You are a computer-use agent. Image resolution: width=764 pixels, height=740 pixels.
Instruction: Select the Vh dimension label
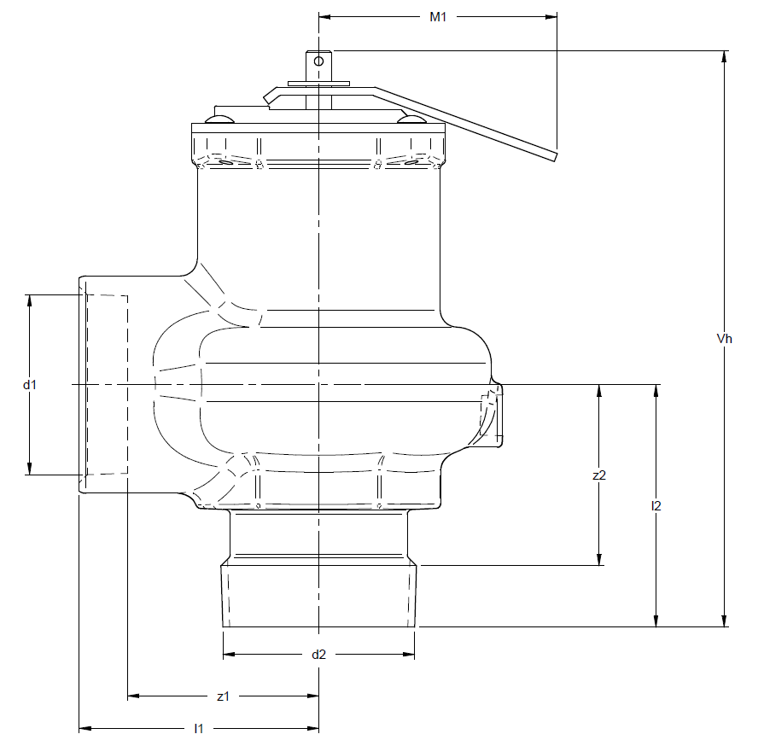coord(724,339)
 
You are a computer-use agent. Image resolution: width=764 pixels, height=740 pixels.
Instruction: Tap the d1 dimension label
coord(30,385)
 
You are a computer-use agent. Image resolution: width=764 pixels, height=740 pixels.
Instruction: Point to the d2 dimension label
coord(318,655)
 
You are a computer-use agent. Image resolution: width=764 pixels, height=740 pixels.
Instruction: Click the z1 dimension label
coord(223,696)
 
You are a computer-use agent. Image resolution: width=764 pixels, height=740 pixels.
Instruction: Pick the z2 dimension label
coord(599,475)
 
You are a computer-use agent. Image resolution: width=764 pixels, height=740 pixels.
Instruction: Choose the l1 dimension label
coord(198,728)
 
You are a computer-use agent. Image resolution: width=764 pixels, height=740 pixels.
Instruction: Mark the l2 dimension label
coord(656,505)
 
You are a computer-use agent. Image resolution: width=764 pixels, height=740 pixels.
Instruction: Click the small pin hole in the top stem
coord(318,61)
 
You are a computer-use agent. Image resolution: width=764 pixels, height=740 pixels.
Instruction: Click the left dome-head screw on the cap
coord(219,119)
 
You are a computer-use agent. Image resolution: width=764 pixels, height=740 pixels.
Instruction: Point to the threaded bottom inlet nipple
coord(319,594)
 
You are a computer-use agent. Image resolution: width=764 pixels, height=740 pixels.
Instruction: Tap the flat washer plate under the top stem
coord(318,84)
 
